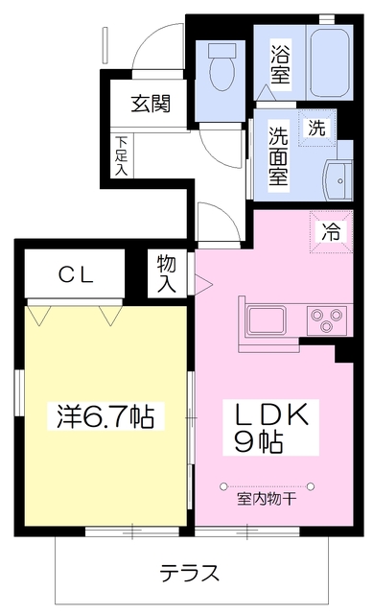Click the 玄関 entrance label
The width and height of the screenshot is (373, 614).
click(x=152, y=103)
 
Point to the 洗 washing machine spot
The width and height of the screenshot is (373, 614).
click(x=315, y=127)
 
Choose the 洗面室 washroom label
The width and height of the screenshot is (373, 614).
click(x=278, y=155)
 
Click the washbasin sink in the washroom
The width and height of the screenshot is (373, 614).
click(x=338, y=177)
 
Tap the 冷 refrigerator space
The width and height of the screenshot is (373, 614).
click(x=330, y=231)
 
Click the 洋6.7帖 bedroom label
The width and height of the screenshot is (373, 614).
click(x=102, y=416)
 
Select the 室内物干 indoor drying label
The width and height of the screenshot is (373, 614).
click(x=263, y=500)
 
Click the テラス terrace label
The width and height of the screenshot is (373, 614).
click(x=189, y=574)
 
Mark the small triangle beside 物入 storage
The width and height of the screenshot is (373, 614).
click(x=201, y=283)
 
